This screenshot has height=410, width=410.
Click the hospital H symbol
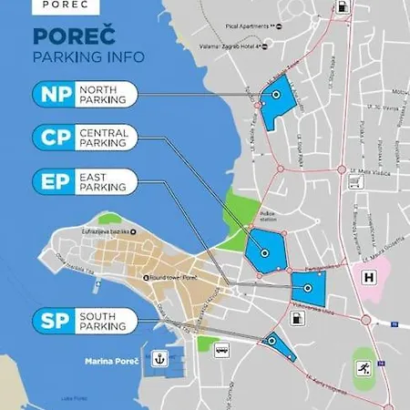click(x=368, y=278)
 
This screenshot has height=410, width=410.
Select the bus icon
click(x=221, y=348)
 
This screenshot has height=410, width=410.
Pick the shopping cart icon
click(x=352, y=181)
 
